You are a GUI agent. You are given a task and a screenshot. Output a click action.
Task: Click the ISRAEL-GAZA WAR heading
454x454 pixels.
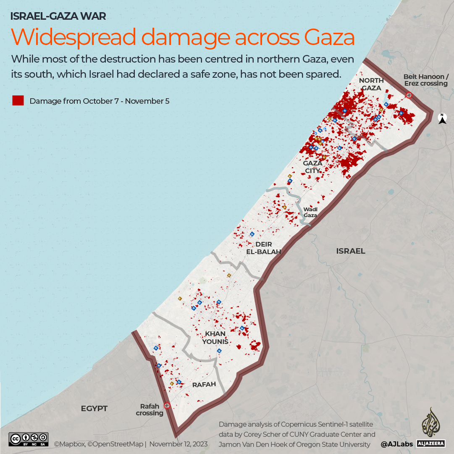pos(58,16)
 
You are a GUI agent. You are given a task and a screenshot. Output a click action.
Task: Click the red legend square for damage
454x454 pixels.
pos(18,101)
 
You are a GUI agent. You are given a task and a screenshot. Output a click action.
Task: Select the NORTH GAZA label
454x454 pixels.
pos(371,84)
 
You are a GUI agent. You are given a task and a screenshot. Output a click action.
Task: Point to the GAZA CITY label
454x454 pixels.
pos(312,167)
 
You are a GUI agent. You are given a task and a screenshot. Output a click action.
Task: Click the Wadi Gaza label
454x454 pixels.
pos(310,212)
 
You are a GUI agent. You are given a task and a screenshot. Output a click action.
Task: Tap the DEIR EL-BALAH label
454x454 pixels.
pos(264,248)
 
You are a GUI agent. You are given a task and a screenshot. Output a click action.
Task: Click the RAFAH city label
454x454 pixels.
pos(204,384)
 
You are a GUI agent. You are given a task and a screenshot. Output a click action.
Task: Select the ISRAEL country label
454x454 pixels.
pos(351,251)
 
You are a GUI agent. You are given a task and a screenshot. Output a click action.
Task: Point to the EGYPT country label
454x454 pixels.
pos(94,408)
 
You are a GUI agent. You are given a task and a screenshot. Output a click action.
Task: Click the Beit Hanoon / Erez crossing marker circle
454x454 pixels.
pos(409,95)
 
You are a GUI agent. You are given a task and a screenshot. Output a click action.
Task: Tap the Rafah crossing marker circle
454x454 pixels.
pos(167,406)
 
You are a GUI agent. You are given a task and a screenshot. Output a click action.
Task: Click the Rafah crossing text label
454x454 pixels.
pos(150,409)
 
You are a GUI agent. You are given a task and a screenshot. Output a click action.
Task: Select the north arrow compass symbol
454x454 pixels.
pos(442,119)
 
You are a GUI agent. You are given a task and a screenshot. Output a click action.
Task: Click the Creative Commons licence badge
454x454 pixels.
pos(28,439)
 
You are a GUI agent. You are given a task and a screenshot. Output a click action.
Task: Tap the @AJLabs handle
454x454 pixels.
pos(396,444)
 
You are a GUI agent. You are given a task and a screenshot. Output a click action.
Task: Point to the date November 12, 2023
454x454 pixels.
pos(178,444)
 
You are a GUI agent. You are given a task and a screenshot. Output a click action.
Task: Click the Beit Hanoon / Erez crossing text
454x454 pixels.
pos(425,80)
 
